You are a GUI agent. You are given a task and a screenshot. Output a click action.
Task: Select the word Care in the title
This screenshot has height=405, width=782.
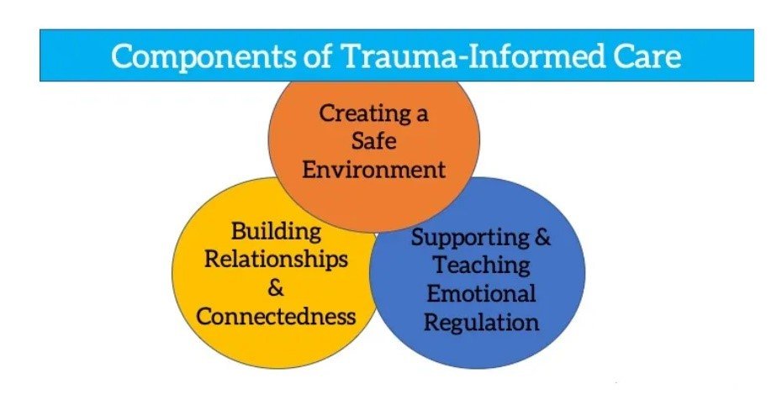[641, 56]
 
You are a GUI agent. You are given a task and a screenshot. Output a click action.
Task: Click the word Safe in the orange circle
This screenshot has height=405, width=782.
[373, 141]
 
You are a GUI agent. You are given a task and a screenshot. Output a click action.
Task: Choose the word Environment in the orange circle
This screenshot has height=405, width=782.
[373, 169]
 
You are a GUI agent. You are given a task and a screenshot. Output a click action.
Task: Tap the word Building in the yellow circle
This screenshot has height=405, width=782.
[277, 230]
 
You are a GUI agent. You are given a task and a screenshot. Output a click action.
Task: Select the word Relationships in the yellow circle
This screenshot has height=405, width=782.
[276, 259]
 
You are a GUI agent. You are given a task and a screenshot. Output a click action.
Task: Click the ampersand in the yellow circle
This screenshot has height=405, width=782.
[276, 287]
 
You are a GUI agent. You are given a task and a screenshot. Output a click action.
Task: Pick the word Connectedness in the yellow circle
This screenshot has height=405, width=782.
[276, 316]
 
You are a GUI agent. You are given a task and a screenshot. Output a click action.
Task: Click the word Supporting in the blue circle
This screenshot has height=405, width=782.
[469, 238]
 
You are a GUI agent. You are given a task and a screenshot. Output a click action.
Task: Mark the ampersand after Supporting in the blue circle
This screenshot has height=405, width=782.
[543, 238]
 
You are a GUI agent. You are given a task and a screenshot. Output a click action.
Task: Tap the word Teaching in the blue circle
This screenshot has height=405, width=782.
[481, 266]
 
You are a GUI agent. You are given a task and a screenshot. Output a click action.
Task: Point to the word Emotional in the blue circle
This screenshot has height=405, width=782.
[481, 294]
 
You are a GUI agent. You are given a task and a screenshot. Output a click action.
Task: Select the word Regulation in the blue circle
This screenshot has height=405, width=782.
[481, 323]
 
